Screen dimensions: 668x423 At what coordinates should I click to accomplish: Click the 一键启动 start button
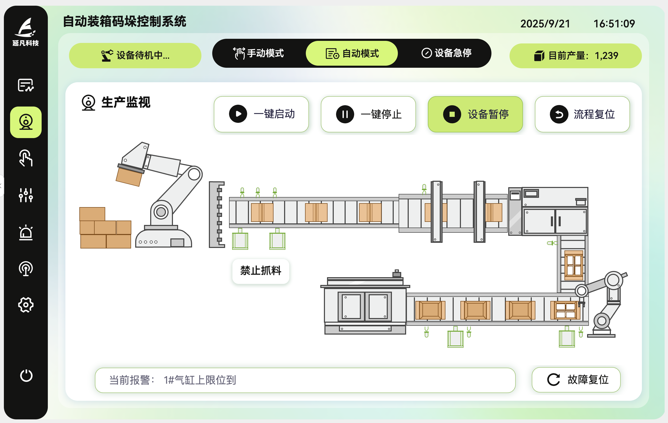(x=261, y=114)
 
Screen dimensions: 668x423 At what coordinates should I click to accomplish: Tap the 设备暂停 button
(x=475, y=114)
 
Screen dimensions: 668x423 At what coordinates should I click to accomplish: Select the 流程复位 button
(x=582, y=114)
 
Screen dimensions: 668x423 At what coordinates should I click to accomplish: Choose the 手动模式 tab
(x=259, y=53)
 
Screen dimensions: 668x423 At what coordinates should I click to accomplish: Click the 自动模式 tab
(x=352, y=53)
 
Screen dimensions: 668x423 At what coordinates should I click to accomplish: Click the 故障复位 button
(x=576, y=380)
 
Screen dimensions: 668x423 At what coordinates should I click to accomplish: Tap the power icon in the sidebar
(x=26, y=376)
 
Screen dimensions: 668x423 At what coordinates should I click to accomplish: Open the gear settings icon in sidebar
(x=26, y=305)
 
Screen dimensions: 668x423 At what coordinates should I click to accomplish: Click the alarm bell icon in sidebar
(x=26, y=232)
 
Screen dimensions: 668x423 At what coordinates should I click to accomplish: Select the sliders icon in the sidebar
(x=26, y=195)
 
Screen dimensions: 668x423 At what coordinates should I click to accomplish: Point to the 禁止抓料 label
(x=261, y=271)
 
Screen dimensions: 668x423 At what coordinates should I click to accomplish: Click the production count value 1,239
(x=606, y=56)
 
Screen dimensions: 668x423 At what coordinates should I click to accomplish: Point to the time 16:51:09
(x=614, y=24)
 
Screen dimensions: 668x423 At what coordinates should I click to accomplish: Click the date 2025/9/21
(x=545, y=24)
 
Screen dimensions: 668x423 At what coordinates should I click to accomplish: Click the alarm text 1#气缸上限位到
(x=200, y=380)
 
